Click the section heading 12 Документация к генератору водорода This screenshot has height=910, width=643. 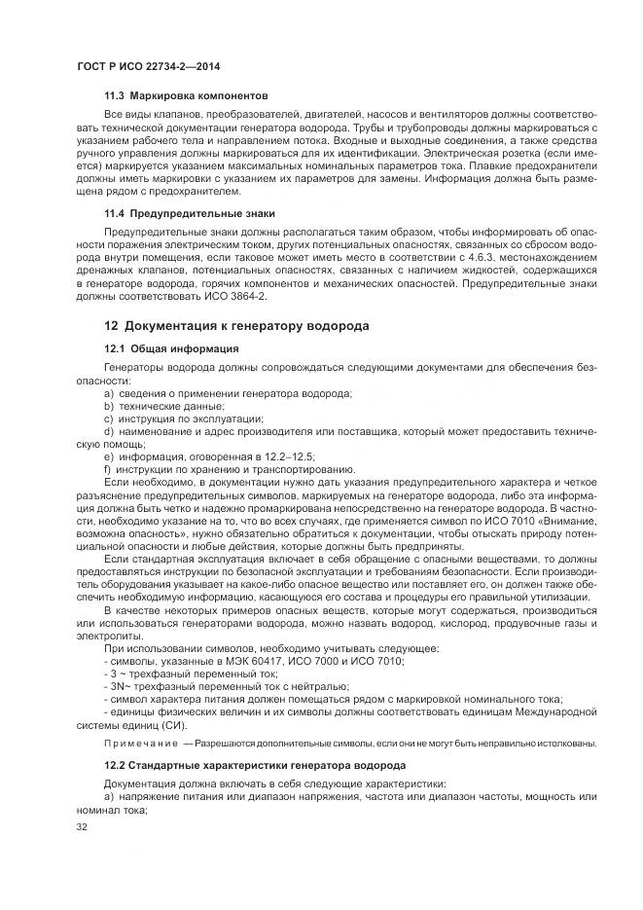[236, 325]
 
